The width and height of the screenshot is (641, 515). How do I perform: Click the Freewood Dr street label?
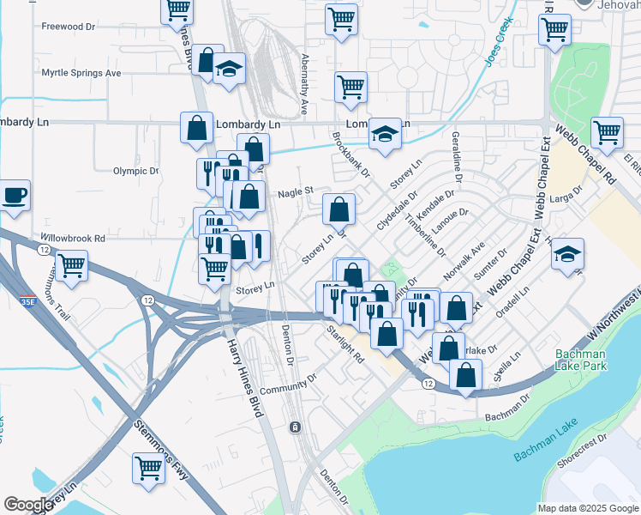68,27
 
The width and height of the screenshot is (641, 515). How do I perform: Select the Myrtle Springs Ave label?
81,73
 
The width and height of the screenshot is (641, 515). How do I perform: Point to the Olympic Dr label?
136,171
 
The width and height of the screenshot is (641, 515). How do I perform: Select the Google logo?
28,505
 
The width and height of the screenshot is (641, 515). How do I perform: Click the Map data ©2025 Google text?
587,508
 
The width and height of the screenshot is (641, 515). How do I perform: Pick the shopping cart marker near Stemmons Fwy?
148,468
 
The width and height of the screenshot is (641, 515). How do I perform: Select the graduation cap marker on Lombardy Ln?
386,133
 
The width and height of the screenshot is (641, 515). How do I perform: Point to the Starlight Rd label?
344,345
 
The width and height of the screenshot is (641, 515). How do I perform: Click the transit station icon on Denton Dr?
294,427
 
